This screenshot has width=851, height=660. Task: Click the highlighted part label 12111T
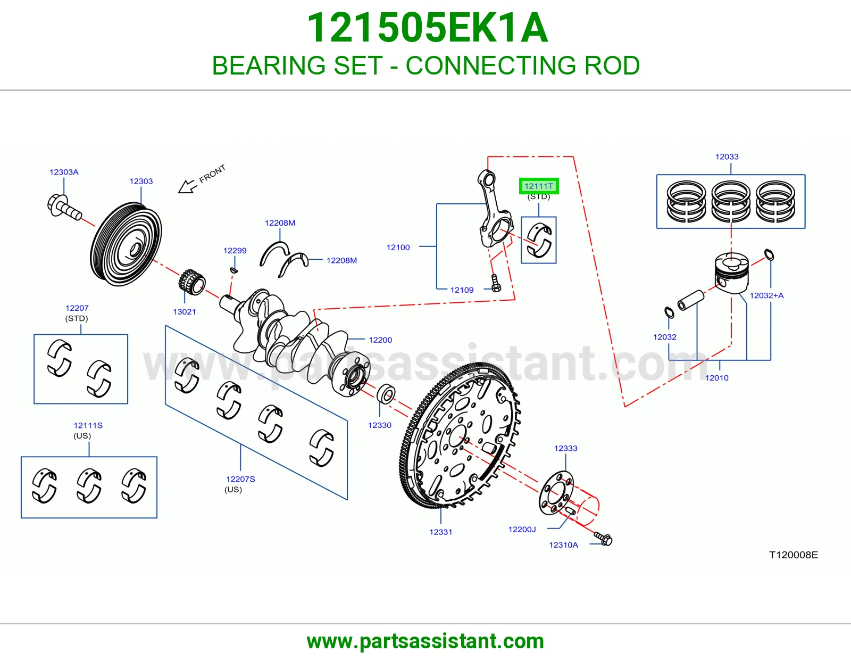[x=538, y=186]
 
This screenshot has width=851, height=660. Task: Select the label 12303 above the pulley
[x=141, y=181]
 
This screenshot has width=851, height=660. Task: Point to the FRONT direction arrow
[x=187, y=186]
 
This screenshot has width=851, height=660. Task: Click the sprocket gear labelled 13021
[x=192, y=282]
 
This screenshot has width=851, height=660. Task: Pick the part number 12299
[x=235, y=251]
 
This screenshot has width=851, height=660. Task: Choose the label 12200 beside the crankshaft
[x=380, y=340]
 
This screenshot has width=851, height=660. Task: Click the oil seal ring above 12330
[x=386, y=394]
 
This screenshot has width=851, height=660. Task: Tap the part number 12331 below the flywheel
[x=440, y=532]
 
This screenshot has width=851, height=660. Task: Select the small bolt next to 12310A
[x=604, y=539]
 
